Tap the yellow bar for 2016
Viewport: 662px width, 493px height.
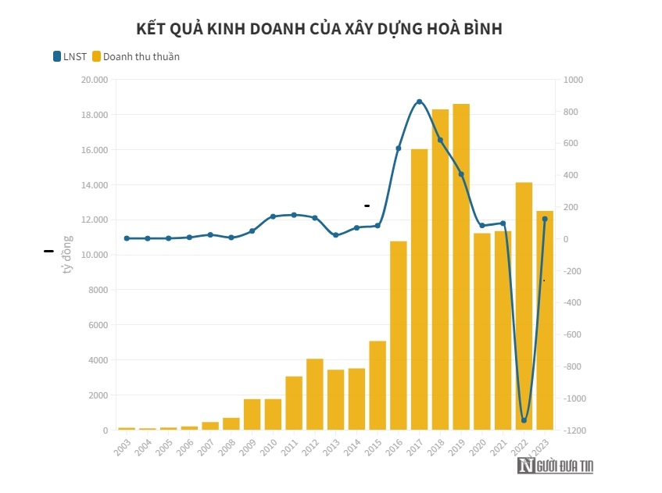click(x=399, y=336)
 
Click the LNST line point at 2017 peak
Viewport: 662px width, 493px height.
click(x=419, y=102)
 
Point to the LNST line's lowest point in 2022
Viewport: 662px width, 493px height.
click(x=524, y=420)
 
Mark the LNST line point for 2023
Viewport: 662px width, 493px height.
click(x=545, y=219)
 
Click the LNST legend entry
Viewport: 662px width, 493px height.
click(x=70, y=56)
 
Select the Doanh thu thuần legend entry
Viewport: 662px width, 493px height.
click(x=135, y=56)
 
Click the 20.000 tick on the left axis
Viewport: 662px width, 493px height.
click(x=93, y=80)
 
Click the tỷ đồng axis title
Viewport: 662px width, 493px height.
click(x=67, y=255)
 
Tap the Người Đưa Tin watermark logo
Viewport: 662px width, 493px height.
click(x=555, y=466)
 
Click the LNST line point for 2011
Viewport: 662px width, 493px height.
click(x=294, y=215)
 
